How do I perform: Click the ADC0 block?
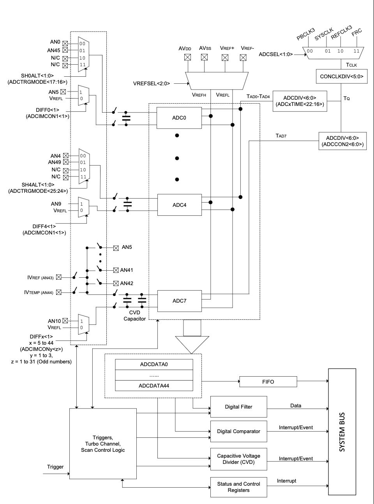coord(179,118)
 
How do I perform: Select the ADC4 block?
coord(179,205)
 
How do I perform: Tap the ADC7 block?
coord(179,301)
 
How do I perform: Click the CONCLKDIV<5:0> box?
coord(341,76)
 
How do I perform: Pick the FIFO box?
coord(268,382)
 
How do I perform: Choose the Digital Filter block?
coord(238,407)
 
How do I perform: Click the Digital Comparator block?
coord(238,431)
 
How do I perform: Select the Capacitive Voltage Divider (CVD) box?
coord(238,459)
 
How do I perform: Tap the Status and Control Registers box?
coord(238,487)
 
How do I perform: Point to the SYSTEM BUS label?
coord(342,432)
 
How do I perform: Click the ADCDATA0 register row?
coord(154,364)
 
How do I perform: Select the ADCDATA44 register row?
coord(154,386)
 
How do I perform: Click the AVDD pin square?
coord(187,57)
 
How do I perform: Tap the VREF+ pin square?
coord(225,57)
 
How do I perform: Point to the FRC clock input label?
coord(356,32)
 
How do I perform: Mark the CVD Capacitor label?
coord(134,315)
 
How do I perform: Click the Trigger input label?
coord(55,467)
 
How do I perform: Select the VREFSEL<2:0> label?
coord(152,83)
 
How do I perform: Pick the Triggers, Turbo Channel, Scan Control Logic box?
coord(103,444)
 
